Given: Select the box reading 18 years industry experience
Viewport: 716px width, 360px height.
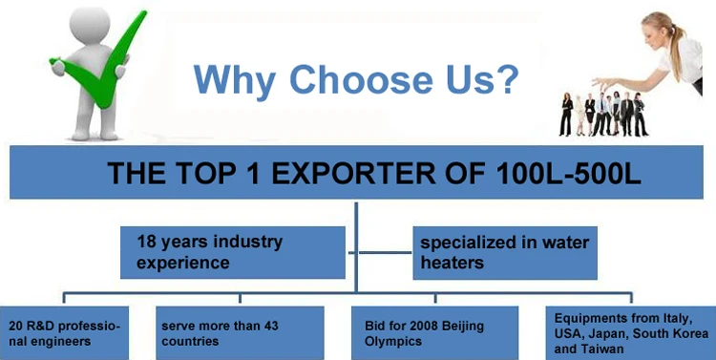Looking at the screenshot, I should click(x=232, y=251).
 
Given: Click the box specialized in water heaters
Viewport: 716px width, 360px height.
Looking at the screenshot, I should click(x=505, y=251).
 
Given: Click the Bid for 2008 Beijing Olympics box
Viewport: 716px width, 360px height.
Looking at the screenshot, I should click(x=434, y=332).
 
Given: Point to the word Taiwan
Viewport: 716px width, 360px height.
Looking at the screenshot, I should click(x=609, y=349).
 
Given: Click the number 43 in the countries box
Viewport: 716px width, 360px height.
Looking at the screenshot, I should click(x=262, y=326).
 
